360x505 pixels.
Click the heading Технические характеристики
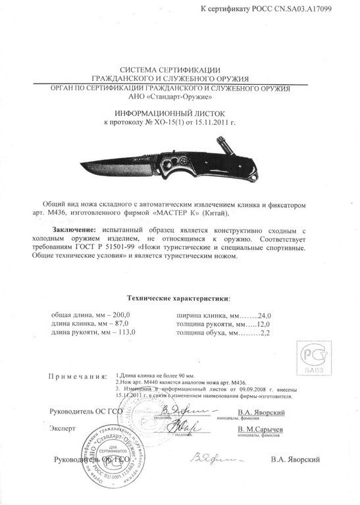point(179,298)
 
